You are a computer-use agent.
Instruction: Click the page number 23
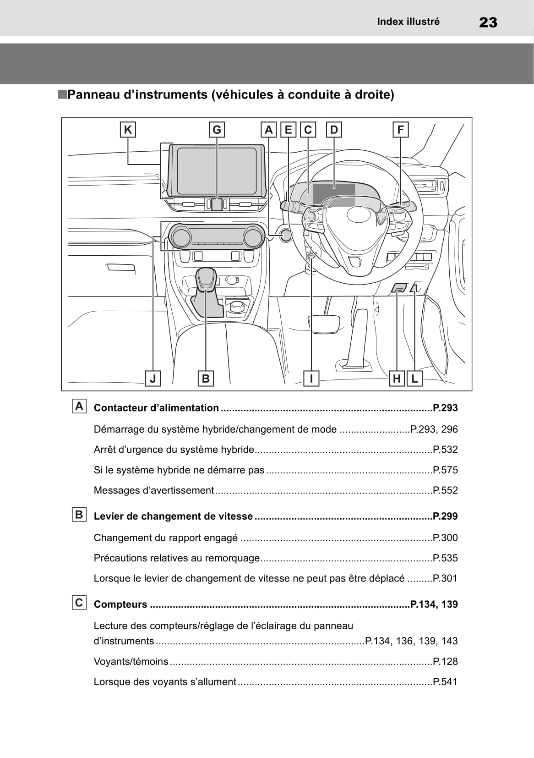coord(488,22)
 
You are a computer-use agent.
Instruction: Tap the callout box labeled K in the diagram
coord(128,130)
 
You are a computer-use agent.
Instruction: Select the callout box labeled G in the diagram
coord(217,130)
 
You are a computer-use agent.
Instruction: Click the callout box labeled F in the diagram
coord(400,130)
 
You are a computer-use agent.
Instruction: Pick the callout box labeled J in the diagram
coord(153,379)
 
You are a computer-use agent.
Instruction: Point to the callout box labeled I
coord(311,379)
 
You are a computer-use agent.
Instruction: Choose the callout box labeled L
coord(414,379)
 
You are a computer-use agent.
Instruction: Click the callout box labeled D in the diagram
coord(334,130)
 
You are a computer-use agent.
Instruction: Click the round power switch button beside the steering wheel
coord(285,235)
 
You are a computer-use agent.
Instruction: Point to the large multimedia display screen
coord(217,170)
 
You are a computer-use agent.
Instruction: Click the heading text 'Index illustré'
coord(408,22)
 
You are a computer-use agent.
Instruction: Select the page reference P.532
coord(445,450)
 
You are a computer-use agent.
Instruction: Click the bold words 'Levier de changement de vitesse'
coord(173,516)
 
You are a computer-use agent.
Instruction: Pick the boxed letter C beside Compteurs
coord(79,603)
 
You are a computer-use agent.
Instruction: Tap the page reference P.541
coord(445,682)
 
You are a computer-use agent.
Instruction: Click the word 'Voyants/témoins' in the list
coord(131,662)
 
